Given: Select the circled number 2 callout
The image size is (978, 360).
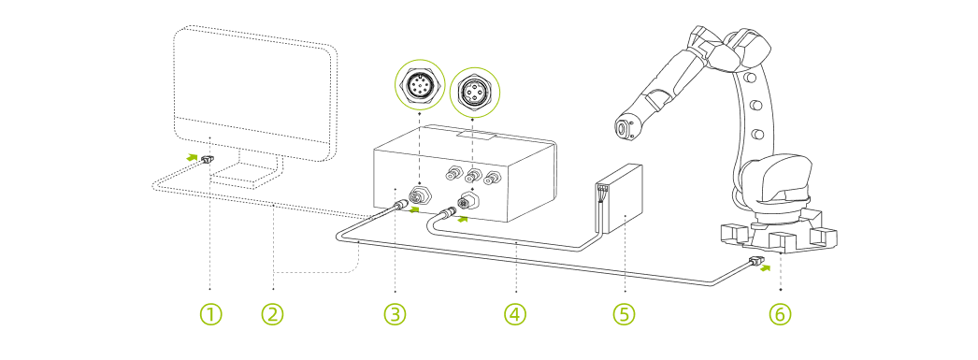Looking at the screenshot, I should [x=272, y=314].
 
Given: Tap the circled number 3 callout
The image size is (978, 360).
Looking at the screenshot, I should [x=396, y=314].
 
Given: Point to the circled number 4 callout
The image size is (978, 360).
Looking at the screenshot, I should [x=514, y=314].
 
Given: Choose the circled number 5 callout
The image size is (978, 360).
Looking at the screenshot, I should [x=624, y=314].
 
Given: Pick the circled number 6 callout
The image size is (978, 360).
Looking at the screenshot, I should [x=779, y=314].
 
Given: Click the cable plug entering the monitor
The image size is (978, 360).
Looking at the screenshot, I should [x=208, y=161].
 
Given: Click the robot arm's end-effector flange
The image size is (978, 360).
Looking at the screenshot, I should [x=623, y=127].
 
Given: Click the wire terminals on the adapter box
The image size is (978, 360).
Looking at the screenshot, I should [x=601, y=194].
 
